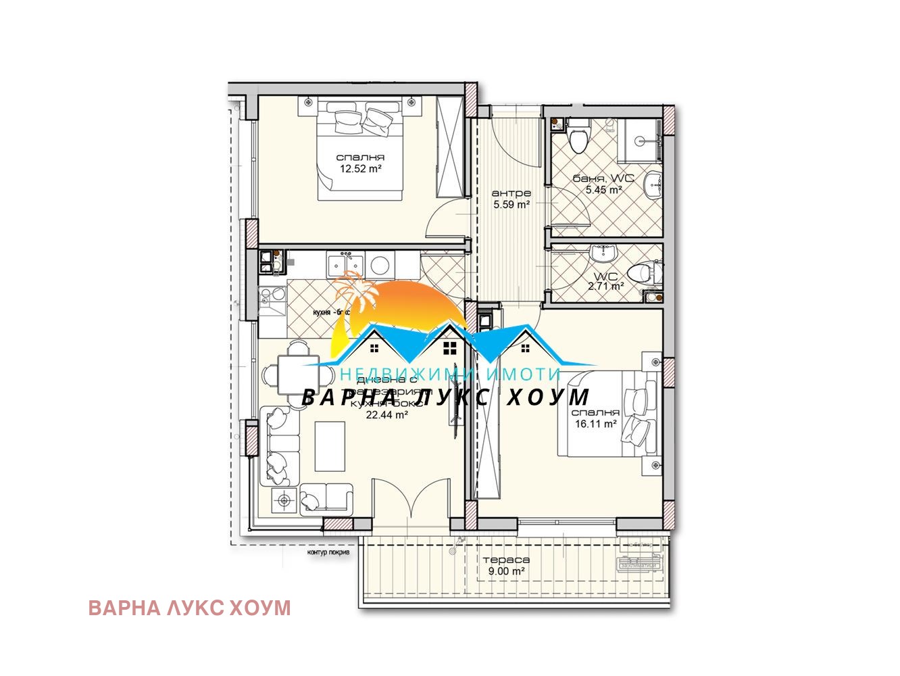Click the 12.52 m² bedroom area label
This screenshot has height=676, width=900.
click(x=360, y=169)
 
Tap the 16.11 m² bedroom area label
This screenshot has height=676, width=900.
click(x=595, y=424)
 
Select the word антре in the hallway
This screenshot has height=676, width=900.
click(x=511, y=193)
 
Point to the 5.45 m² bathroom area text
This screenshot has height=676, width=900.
click(x=603, y=190)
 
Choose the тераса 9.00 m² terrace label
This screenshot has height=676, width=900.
click(x=506, y=565)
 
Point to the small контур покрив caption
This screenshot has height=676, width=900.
click(x=328, y=552)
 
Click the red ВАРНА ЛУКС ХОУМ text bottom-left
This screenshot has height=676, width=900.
click(x=189, y=608)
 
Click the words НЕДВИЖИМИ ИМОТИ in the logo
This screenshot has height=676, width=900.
click(x=450, y=374)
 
